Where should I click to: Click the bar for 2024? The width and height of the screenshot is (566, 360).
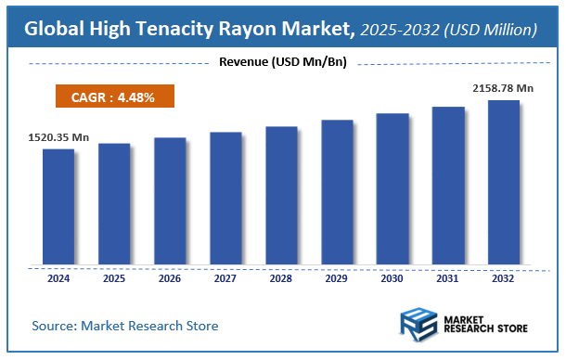tap(58, 206)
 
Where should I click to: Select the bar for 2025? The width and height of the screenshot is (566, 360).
tap(114, 203)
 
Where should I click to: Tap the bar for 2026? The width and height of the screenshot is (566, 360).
tap(170, 200)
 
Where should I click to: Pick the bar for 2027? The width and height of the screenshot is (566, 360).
tap(225, 198)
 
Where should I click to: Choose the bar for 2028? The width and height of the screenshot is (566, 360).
tap(281, 195)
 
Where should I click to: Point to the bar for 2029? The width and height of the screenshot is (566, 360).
tap(337, 191)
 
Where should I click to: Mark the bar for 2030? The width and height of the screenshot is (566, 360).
tap(392, 188)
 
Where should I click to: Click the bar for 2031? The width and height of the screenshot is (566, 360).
tap(448, 185)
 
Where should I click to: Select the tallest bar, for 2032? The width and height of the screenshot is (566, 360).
tap(504, 182)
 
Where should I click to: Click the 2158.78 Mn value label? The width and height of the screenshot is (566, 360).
tap(504, 88)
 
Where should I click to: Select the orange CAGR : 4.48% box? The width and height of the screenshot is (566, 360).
tap(112, 96)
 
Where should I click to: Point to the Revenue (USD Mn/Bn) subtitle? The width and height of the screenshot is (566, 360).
tap(282, 62)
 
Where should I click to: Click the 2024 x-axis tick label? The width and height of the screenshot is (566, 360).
tap(58, 277)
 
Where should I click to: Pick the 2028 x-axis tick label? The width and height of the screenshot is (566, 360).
tap(281, 277)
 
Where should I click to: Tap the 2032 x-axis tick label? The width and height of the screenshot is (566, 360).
tap(504, 277)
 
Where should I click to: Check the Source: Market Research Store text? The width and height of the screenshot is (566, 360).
tap(125, 326)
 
